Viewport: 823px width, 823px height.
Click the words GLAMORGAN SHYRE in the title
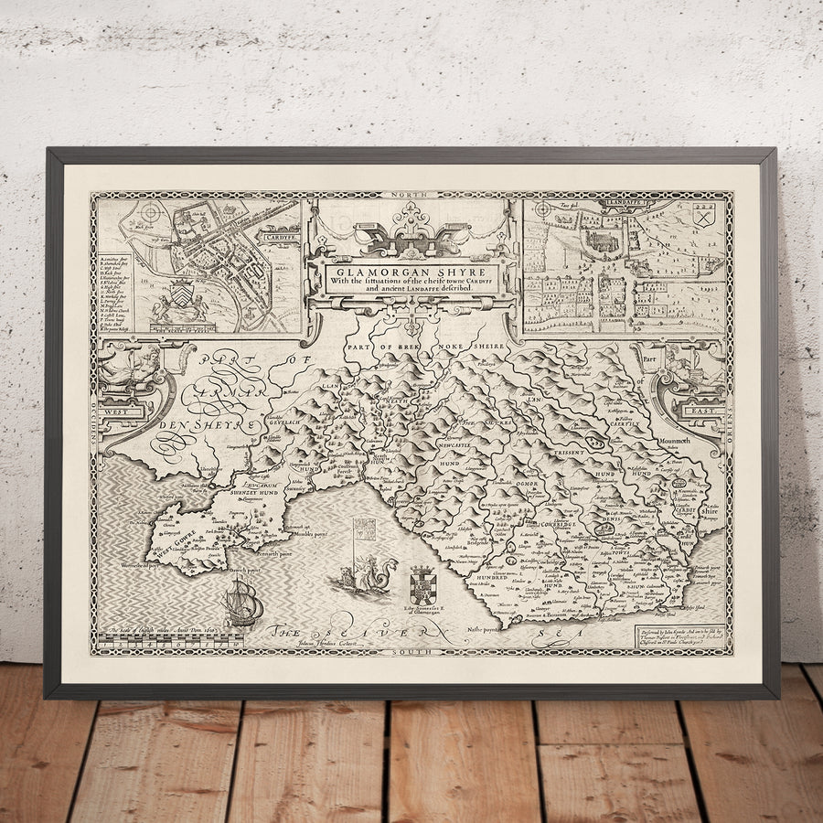411,271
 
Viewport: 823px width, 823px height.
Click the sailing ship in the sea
242,604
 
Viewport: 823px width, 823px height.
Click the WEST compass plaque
123,412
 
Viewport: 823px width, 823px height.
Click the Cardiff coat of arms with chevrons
180,295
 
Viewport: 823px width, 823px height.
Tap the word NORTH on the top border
411,196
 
